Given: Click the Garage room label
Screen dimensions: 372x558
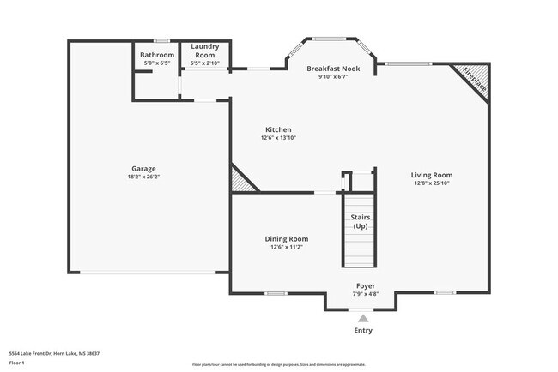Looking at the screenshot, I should pyautogui.click(x=143, y=169).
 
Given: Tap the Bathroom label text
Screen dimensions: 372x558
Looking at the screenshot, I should pyautogui.click(x=157, y=56).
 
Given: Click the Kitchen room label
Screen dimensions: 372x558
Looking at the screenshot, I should pyautogui.click(x=278, y=129).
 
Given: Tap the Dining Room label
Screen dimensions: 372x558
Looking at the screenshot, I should pyautogui.click(x=286, y=239).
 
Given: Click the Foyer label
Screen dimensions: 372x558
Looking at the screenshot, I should pyautogui.click(x=366, y=285).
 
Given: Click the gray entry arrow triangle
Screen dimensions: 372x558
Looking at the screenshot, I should pyautogui.click(x=363, y=318).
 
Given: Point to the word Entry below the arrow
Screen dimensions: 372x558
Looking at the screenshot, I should pyautogui.click(x=363, y=331).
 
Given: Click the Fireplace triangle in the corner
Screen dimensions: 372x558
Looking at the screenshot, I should pyautogui.click(x=476, y=79).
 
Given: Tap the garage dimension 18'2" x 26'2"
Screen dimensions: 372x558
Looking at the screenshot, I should pyautogui.click(x=143, y=177).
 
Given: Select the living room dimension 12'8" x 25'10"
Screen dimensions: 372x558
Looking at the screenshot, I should pyautogui.click(x=431, y=183).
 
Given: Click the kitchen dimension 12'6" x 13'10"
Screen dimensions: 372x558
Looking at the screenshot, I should pyautogui.click(x=278, y=138).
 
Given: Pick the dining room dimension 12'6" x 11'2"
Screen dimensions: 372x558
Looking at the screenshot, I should pyautogui.click(x=286, y=247).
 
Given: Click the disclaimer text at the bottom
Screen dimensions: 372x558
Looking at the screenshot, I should pyautogui.click(x=278, y=364).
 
